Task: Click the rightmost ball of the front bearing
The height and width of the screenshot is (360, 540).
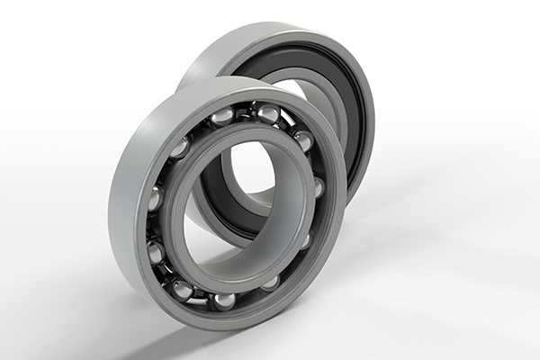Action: pyautogui.click(x=319, y=187)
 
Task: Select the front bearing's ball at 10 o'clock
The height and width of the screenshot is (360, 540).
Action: pyautogui.click(x=179, y=147)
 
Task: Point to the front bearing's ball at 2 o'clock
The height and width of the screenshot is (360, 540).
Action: pyautogui.click(x=303, y=140)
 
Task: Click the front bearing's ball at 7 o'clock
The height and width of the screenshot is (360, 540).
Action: pyautogui.click(x=182, y=289)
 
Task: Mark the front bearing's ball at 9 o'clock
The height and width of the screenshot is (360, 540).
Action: pyautogui.click(x=155, y=200)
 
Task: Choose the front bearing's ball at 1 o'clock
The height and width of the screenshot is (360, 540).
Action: pyautogui.click(x=267, y=113)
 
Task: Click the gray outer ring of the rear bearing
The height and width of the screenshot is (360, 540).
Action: pyautogui.click(x=270, y=40)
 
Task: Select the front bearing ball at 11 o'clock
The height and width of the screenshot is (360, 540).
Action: pyautogui.click(x=221, y=117)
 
